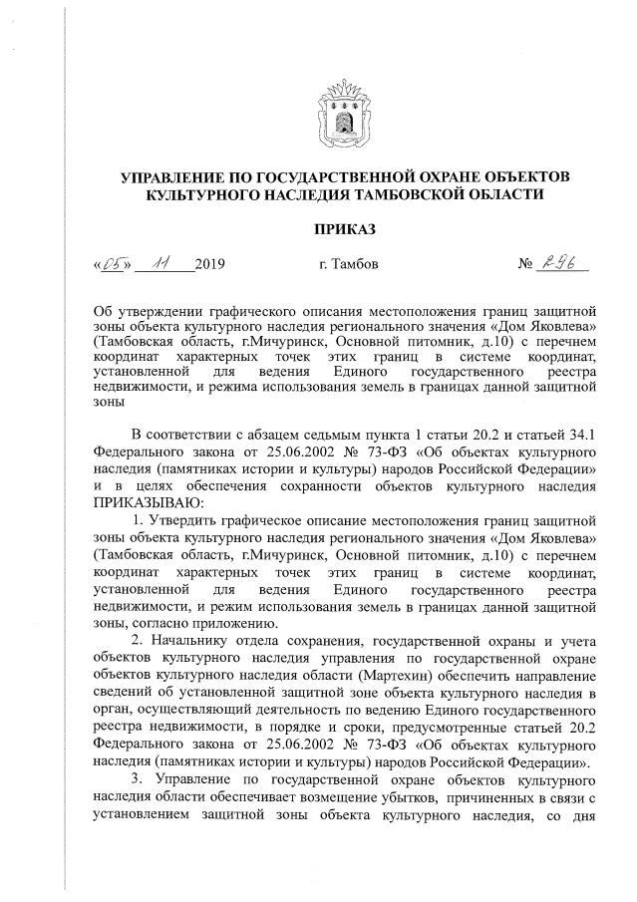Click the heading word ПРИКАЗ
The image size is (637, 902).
click(x=345, y=230)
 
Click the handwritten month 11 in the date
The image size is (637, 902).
click(x=158, y=263)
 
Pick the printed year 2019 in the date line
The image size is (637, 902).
click(x=211, y=265)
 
